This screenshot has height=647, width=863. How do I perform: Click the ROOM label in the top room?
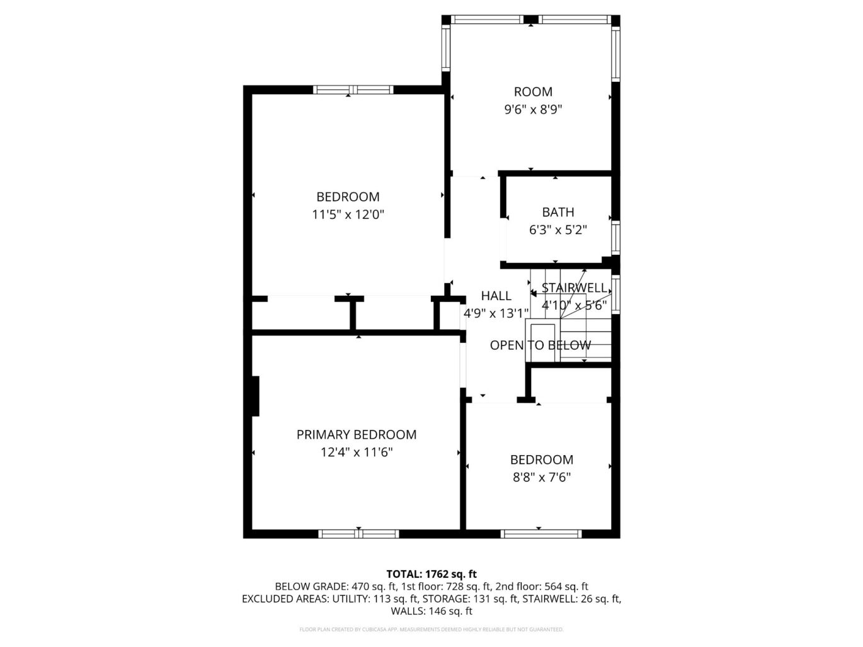533,92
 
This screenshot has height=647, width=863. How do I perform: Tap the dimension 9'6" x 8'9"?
533,110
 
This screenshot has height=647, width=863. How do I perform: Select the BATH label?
557,213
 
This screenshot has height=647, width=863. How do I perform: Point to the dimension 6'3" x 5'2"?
557,230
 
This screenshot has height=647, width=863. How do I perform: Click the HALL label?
496,296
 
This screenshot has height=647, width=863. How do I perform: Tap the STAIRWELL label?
574,288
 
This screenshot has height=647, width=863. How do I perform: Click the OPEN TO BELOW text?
540,345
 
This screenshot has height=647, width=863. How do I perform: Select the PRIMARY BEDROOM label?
356,434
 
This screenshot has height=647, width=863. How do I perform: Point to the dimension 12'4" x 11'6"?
356,452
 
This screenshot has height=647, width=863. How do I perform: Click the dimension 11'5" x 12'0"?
348,215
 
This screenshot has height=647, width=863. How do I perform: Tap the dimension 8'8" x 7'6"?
541,477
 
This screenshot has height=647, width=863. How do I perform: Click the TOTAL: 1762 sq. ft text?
431,574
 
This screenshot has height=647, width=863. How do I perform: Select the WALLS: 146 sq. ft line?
431,610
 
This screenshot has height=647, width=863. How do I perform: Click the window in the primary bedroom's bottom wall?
358,534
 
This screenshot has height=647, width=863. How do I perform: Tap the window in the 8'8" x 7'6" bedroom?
540,534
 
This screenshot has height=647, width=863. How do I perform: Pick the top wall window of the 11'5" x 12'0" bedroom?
353,89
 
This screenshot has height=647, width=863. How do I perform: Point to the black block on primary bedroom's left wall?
255,396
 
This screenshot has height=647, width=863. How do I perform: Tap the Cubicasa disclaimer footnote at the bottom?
431,629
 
